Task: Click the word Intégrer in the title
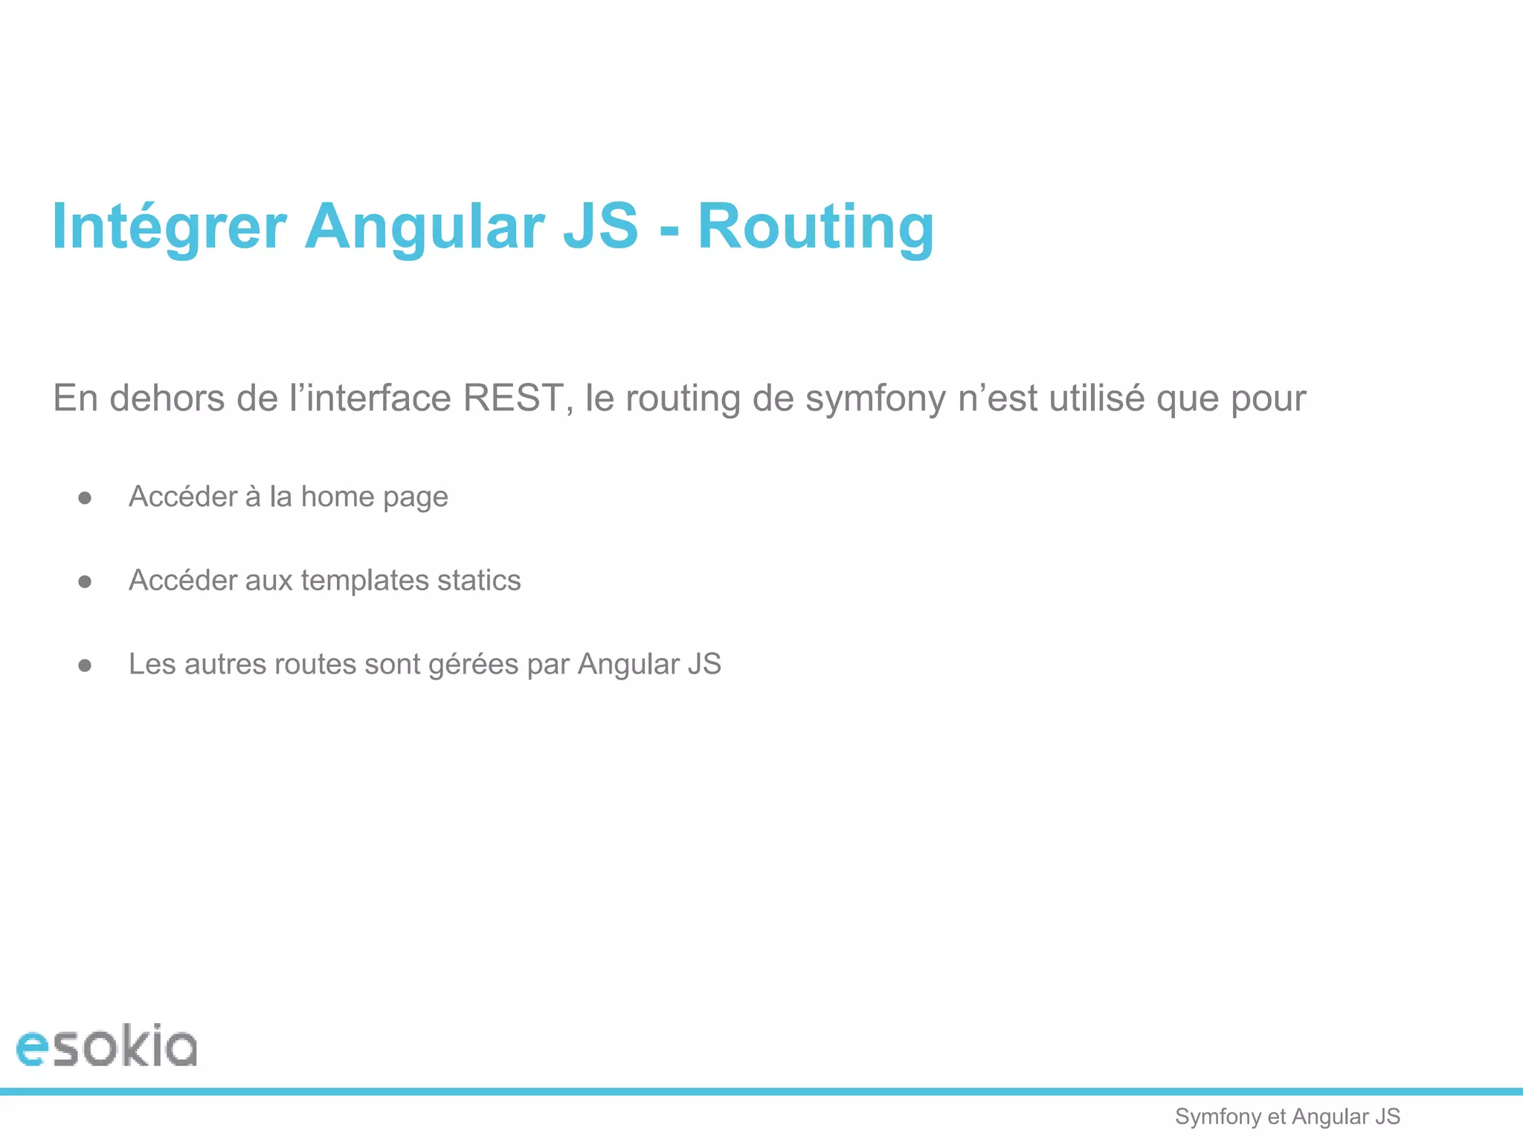170,227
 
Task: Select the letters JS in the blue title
601,227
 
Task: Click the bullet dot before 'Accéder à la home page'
85,498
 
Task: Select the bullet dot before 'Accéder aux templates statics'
85,581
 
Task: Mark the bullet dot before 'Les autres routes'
85,665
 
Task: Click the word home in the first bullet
337,497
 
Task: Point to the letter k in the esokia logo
134,1045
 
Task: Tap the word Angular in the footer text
1330,1117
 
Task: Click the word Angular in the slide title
425,227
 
